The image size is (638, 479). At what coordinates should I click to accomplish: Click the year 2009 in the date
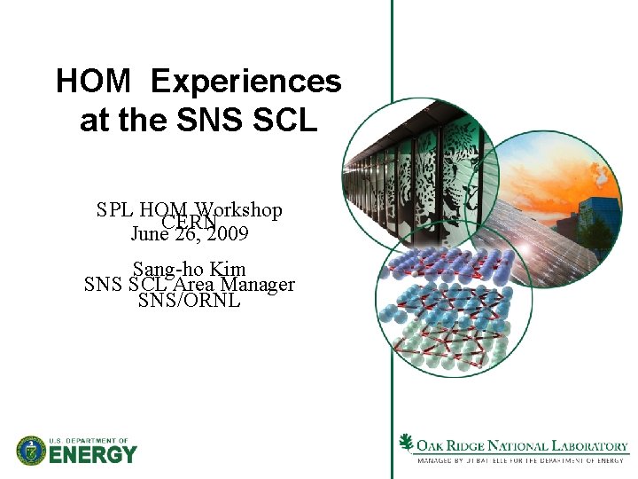224,234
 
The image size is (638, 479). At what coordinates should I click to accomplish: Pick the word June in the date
148,234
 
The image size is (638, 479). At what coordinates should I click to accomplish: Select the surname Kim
228,268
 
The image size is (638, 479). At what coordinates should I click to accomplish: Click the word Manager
258,285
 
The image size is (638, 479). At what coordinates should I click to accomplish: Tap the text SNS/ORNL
189,301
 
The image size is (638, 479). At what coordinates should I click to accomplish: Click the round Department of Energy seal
31,451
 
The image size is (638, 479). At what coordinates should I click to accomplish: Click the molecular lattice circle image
452,315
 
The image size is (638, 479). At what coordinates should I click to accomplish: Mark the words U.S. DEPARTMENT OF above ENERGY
89,441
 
